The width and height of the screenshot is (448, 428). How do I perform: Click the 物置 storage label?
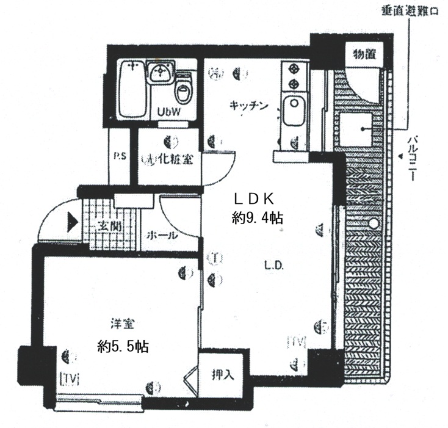(364, 54)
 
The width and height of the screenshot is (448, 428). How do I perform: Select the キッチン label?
(249, 106)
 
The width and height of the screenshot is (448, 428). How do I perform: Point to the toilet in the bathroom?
(183, 90)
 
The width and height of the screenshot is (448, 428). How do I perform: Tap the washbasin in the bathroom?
(160, 76)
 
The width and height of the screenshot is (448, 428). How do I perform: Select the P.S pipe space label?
(119, 156)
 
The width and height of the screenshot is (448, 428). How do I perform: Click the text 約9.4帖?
(256, 217)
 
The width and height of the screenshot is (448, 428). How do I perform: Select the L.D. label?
(273, 266)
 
